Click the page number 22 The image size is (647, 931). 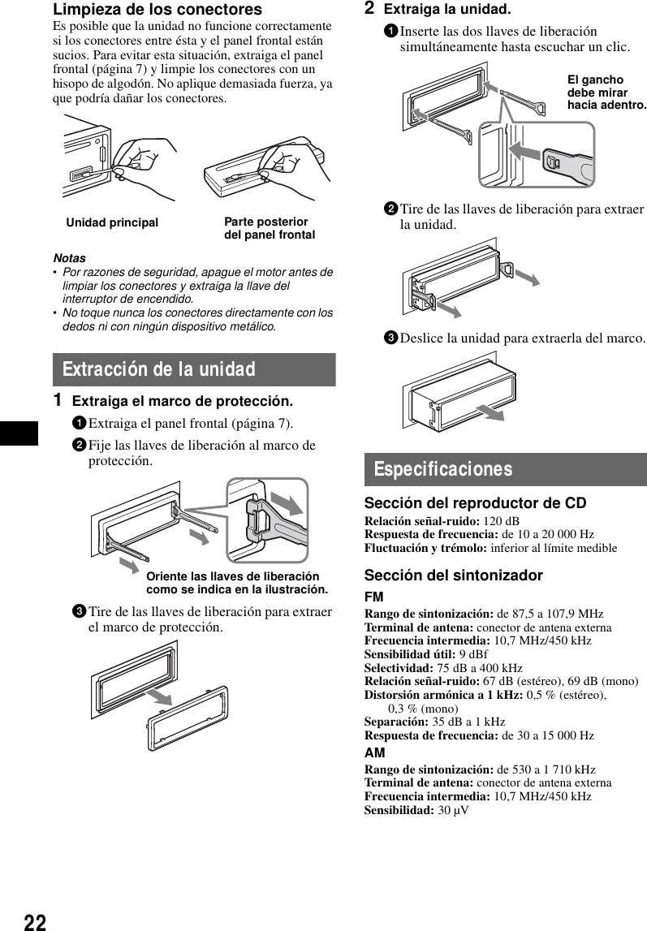point(34,920)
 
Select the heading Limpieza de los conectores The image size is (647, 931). point(157,10)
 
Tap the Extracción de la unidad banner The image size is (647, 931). point(194,370)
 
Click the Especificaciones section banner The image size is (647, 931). point(505,470)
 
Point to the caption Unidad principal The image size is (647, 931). point(112,222)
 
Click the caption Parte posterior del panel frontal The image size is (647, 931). point(269,228)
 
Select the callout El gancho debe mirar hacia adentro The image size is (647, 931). point(606,93)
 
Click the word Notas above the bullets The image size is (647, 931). point(69,258)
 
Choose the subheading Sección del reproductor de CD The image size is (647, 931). point(475,504)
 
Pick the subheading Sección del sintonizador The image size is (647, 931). point(453,575)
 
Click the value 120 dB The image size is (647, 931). point(501,521)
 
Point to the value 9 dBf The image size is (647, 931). point(473,654)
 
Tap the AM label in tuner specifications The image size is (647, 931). point(374,753)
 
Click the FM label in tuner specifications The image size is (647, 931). point(373,597)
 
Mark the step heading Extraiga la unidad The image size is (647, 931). point(446,10)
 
